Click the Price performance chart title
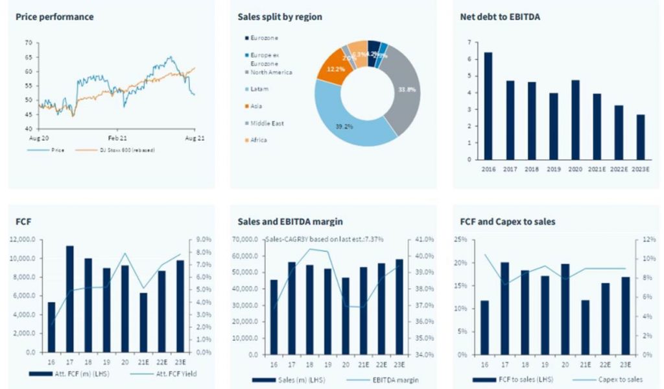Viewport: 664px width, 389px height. click(x=54, y=17)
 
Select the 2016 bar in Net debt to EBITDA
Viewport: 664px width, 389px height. click(x=488, y=106)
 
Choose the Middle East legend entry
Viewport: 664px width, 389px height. click(x=267, y=123)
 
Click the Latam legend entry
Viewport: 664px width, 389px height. click(x=259, y=89)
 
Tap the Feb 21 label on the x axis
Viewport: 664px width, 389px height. click(x=118, y=138)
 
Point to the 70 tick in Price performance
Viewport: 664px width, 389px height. click(x=28, y=43)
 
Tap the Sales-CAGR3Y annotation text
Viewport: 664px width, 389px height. click(x=325, y=240)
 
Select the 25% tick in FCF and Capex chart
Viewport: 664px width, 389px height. click(x=460, y=240)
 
